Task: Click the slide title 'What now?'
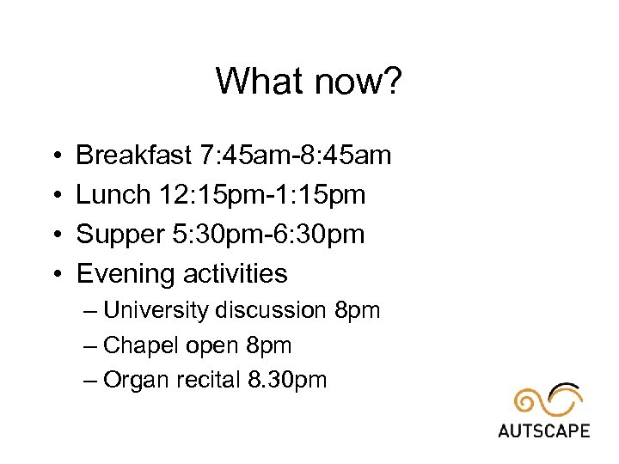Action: (x=309, y=82)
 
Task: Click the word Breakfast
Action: (x=133, y=156)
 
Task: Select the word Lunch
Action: (x=113, y=195)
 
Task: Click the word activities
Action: (x=235, y=274)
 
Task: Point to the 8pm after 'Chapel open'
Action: (x=269, y=345)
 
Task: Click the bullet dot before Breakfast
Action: (x=54, y=156)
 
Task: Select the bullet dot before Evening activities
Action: (x=54, y=275)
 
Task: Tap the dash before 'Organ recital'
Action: (x=91, y=380)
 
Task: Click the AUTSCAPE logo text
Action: (x=543, y=430)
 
